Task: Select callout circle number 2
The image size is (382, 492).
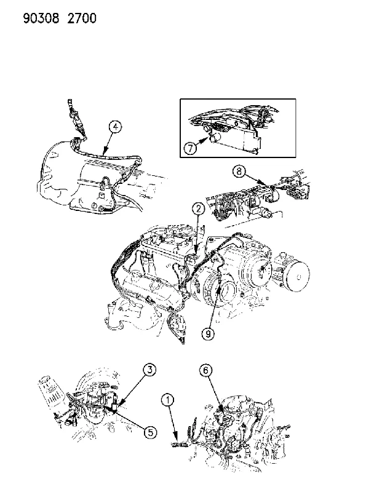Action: click(199, 209)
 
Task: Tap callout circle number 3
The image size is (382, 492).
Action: click(150, 370)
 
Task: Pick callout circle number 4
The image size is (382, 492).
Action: click(116, 127)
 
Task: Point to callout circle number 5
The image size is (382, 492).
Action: click(150, 432)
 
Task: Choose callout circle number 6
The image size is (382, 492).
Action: click(205, 371)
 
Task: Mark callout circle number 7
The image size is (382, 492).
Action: click(190, 148)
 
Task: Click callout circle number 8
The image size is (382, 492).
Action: click(239, 172)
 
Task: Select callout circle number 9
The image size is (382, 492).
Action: click(208, 334)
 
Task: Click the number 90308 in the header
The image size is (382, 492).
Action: click(41, 18)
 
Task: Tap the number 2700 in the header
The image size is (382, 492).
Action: click(82, 18)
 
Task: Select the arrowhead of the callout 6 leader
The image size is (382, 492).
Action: click(224, 410)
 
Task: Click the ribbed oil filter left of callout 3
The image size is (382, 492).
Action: click(52, 391)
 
